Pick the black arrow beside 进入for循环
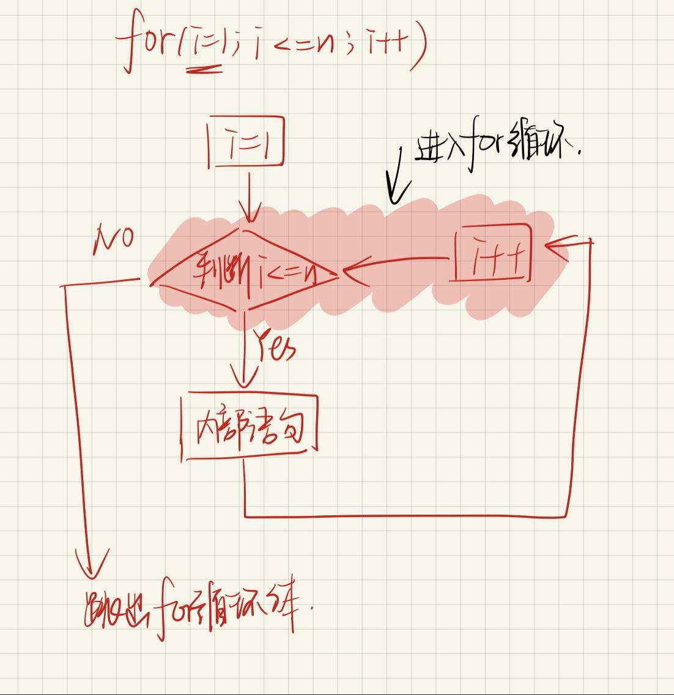pyautogui.click(x=397, y=177)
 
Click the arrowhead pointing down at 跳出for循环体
pyautogui.click(x=92, y=565)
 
